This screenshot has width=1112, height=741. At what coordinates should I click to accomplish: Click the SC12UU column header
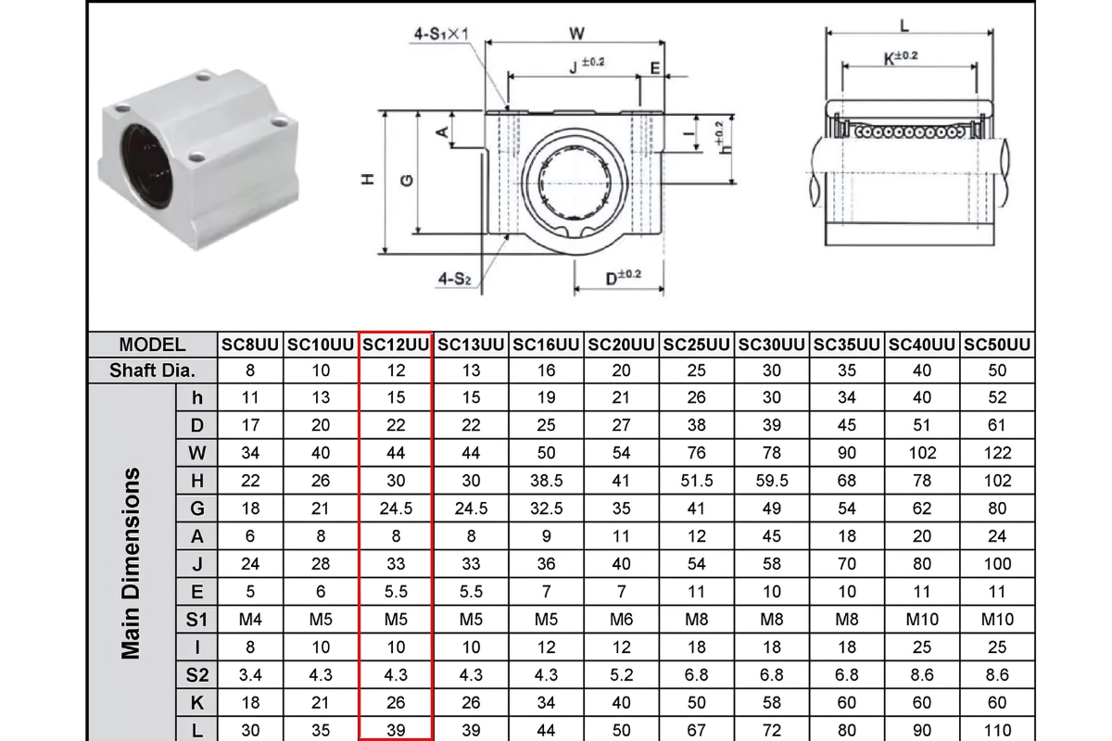coord(396,345)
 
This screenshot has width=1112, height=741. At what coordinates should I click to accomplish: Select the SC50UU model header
coord(997,345)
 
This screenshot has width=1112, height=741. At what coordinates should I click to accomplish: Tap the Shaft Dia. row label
coord(152,370)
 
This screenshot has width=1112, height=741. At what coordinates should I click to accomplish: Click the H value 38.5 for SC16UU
coord(546,481)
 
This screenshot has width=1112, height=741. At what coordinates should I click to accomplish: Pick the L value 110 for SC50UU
coord(997,730)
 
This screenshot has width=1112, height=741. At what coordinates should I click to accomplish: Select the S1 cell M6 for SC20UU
coord(621,619)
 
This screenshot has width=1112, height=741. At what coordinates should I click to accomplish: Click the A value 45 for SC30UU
coord(771,535)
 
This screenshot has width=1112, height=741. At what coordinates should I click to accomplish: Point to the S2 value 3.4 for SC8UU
coord(250,674)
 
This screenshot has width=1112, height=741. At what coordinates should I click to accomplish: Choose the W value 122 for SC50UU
coord(997,453)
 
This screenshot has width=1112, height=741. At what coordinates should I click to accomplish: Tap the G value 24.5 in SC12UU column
coord(396,509)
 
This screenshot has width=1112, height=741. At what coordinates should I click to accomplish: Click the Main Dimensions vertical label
coord(132,563)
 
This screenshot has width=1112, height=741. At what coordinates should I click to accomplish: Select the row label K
coord(196,702)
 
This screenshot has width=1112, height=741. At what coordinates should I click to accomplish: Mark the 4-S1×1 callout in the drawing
coord(442,34)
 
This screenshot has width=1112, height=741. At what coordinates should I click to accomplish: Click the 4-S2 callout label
coord(455,277)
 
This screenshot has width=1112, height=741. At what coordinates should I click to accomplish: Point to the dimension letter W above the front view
coord(576,33)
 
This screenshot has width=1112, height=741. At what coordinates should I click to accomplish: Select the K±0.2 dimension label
coord(901,57)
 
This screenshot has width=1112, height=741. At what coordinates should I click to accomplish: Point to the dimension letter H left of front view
coord(368,180)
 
